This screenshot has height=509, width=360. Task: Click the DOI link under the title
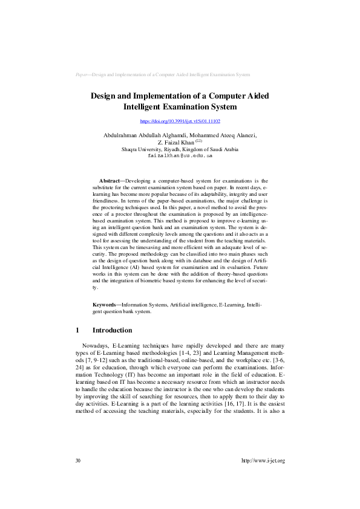click(x=180, y=122)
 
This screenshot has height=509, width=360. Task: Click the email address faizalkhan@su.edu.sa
click(x=180, y=155)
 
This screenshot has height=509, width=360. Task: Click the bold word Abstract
click(x=110, y=181)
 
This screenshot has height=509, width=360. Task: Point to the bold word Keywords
click(x=106, y=306)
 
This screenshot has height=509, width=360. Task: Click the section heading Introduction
click(x=112, y=331)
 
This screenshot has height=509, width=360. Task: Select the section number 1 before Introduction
click(x=77, y=331)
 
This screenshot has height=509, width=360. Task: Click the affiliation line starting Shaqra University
click(x=180, y=149)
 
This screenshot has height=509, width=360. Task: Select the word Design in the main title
click(x=103, y=96)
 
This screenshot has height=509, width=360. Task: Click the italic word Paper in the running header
click(x=82, y=74)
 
